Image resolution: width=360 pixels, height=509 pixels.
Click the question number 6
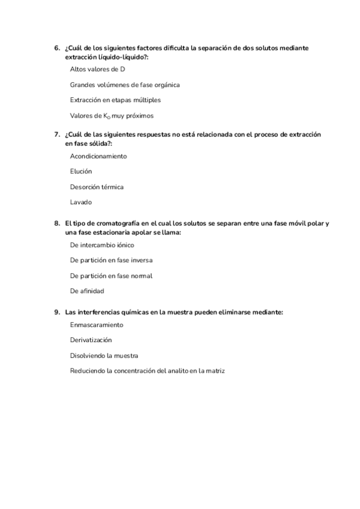(x=56, y=47)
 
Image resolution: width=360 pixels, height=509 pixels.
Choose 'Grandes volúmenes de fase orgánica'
(x=125, y=85)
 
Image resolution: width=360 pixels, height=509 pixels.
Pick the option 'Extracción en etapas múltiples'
(x=115, y=100)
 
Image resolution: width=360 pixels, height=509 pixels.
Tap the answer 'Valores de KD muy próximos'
(x=112, y=116)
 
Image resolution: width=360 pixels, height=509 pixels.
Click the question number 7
(x=56, y=134)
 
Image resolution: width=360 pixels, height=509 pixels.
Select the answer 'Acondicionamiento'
(x=98, y=156)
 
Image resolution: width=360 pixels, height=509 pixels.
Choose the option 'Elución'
(x=81, y=172)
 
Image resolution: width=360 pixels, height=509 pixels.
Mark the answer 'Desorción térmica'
(x=97, y=187)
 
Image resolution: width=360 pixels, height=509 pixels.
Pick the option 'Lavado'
(x=81, y=202)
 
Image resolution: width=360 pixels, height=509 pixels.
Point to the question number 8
(x=56, y=223)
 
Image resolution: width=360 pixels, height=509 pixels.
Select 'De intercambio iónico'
(x=102, y=245)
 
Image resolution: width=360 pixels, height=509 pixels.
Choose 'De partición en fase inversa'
(x=111, y=261)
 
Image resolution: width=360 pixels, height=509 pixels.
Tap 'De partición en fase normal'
(x=111, y=276)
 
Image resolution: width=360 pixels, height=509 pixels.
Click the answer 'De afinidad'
(x=87, y=291)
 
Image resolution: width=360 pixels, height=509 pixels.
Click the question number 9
(x=56, y=312)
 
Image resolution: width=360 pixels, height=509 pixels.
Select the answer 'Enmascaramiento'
(x=97, y=325)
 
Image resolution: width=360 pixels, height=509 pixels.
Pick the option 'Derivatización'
(x=91, y=340)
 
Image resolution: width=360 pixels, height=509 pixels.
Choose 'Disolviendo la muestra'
(x=104, y=356)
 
